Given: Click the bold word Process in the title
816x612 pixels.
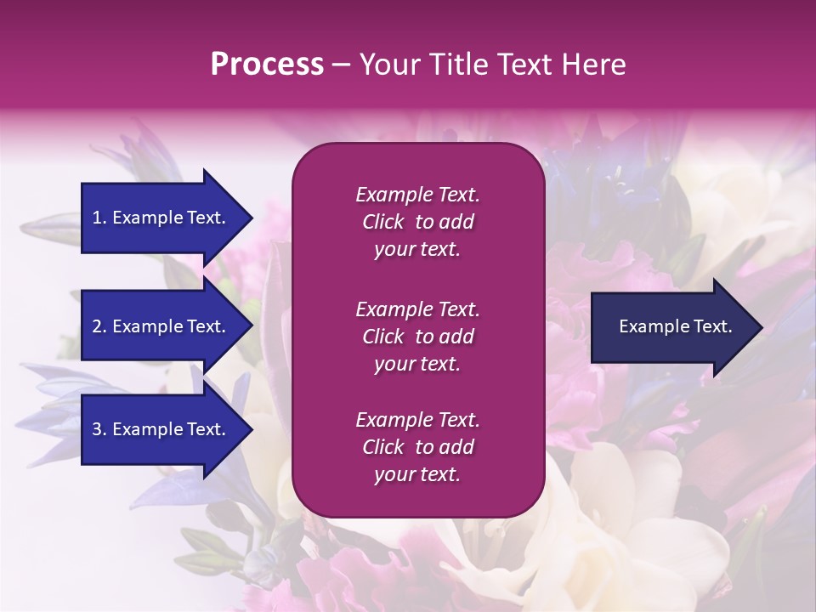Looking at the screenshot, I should [267, 65].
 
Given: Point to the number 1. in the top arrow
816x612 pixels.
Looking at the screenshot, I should [99, 218].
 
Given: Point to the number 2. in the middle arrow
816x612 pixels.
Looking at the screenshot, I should [99, 326].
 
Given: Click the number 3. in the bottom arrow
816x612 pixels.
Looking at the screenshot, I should [99, 429].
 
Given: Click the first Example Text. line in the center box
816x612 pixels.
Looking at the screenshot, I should [417, 195].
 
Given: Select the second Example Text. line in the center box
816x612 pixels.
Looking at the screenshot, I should [417, 309].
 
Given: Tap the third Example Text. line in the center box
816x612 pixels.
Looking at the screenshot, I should [417, 420].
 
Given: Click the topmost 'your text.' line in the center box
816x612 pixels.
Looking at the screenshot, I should [417, 250].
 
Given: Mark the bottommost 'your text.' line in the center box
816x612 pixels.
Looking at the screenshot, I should [417, 475].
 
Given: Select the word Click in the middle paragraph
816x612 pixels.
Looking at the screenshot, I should [382, 337].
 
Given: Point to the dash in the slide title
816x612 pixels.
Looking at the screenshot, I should [341, 65].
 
